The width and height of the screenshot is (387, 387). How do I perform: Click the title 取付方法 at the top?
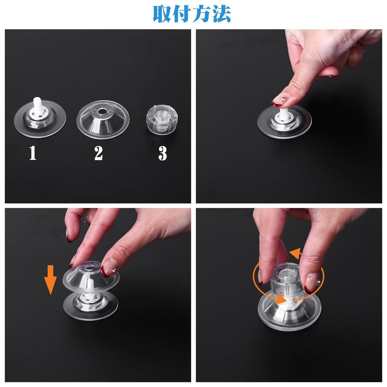(192, 14)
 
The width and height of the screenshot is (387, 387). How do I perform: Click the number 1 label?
(33, 153)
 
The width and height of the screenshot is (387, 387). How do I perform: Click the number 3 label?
(163, 153)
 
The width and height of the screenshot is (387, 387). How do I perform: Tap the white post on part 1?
(37, 104)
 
